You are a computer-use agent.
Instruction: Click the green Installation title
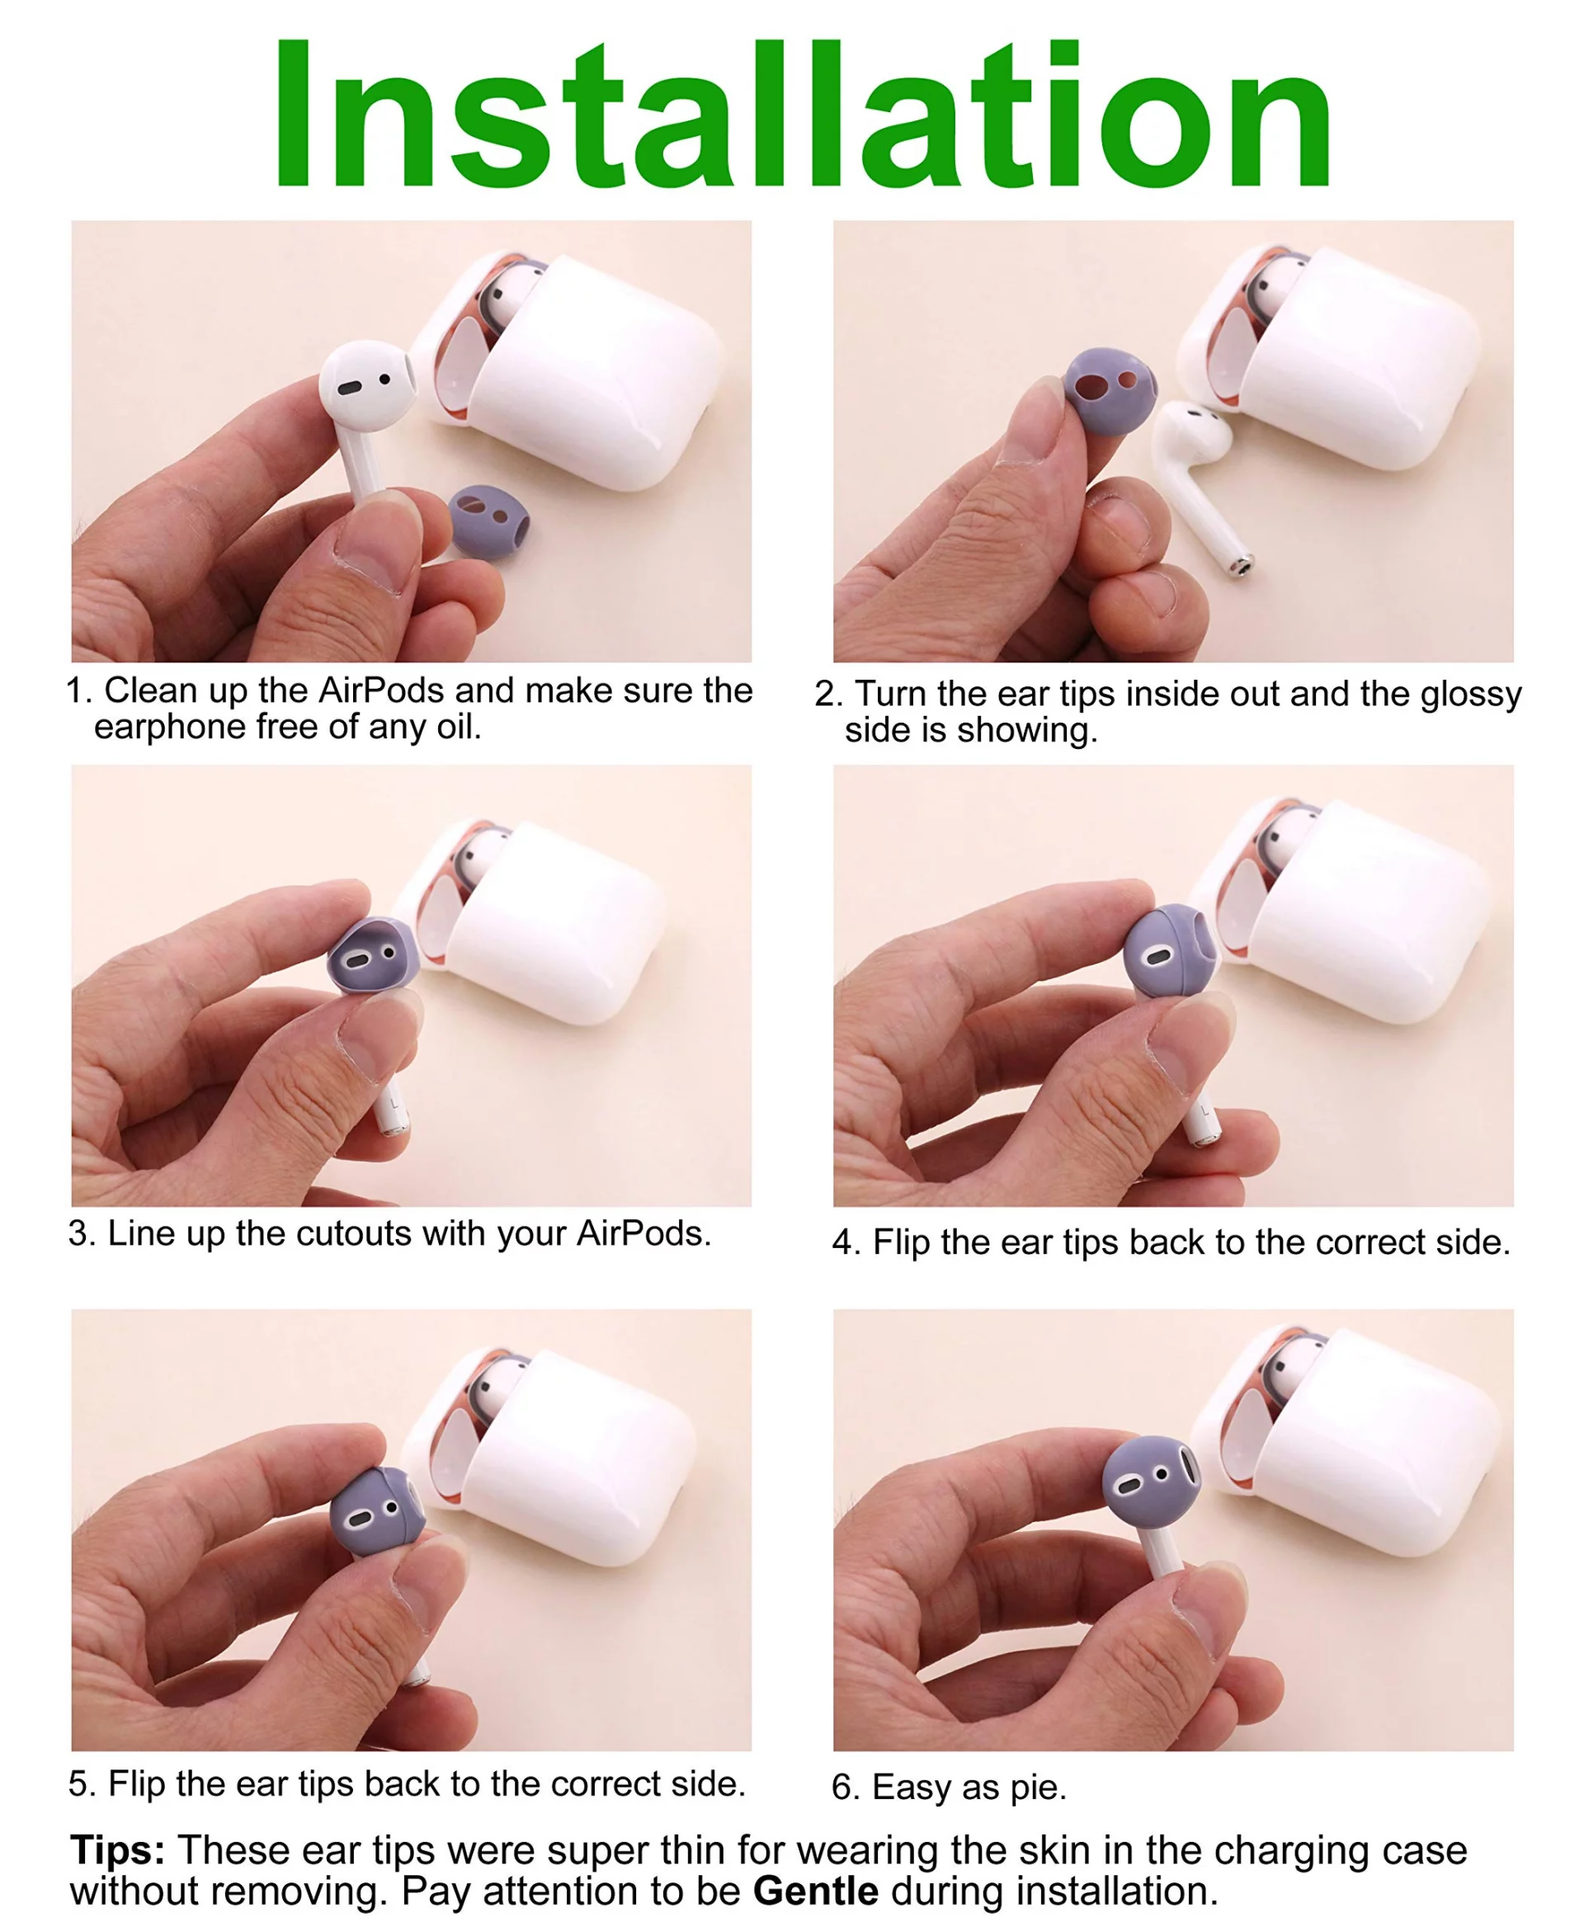[803, 114]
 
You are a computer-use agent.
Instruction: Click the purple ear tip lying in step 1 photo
[490, 522]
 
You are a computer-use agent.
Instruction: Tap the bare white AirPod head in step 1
[367, 384]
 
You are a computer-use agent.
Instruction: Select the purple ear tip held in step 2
[1110, 389]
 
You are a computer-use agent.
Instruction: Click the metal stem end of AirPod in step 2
[1241, 565]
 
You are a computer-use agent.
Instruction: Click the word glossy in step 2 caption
[1471, 695]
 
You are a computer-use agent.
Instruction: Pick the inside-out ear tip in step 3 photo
[372, 958]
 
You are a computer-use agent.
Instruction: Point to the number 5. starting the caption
[82, 1783]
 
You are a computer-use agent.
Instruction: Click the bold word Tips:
[118, 1851]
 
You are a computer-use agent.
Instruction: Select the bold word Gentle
[816, 1892]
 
